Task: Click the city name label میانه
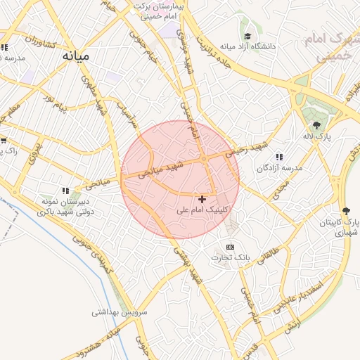76,55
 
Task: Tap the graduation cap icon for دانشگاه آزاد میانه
247,36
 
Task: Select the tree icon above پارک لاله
316,124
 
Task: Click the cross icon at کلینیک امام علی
203,200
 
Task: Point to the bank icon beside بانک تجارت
231,247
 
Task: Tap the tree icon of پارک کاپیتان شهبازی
346,210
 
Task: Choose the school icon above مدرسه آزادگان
279,157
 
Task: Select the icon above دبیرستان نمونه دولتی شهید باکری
65,190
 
